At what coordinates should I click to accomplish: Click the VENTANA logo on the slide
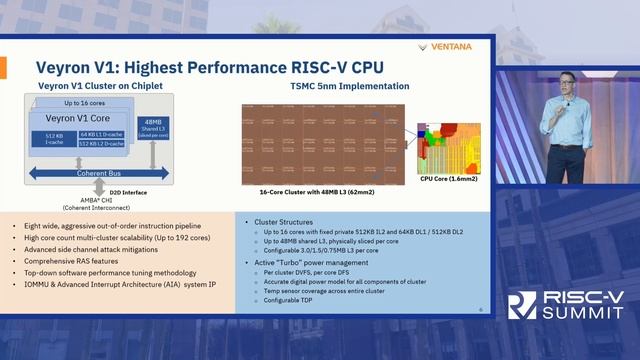click(449, 46)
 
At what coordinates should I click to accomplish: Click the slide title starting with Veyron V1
click(210, 67)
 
